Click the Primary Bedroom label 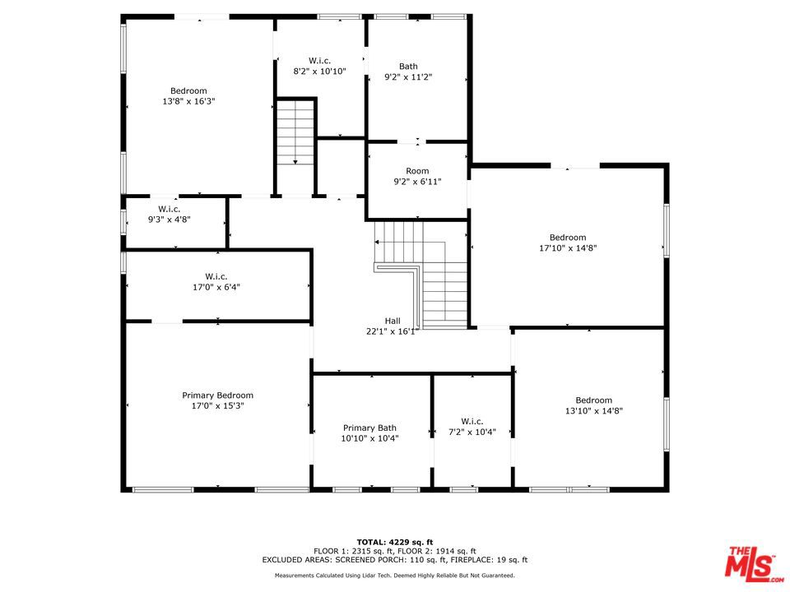217,395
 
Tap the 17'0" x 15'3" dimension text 217,405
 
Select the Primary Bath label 369,428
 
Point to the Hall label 393,321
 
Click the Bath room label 408,66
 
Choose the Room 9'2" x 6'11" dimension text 417,181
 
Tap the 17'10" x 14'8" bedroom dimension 568,247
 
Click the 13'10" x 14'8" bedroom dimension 593,411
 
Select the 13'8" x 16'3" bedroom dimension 188,101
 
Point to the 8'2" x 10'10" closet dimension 319,71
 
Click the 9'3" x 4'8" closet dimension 169,219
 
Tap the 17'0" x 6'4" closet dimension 216,287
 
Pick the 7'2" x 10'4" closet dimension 472,432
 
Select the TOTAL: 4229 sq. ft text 395,542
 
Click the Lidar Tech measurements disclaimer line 394,576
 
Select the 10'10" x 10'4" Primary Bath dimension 369,438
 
